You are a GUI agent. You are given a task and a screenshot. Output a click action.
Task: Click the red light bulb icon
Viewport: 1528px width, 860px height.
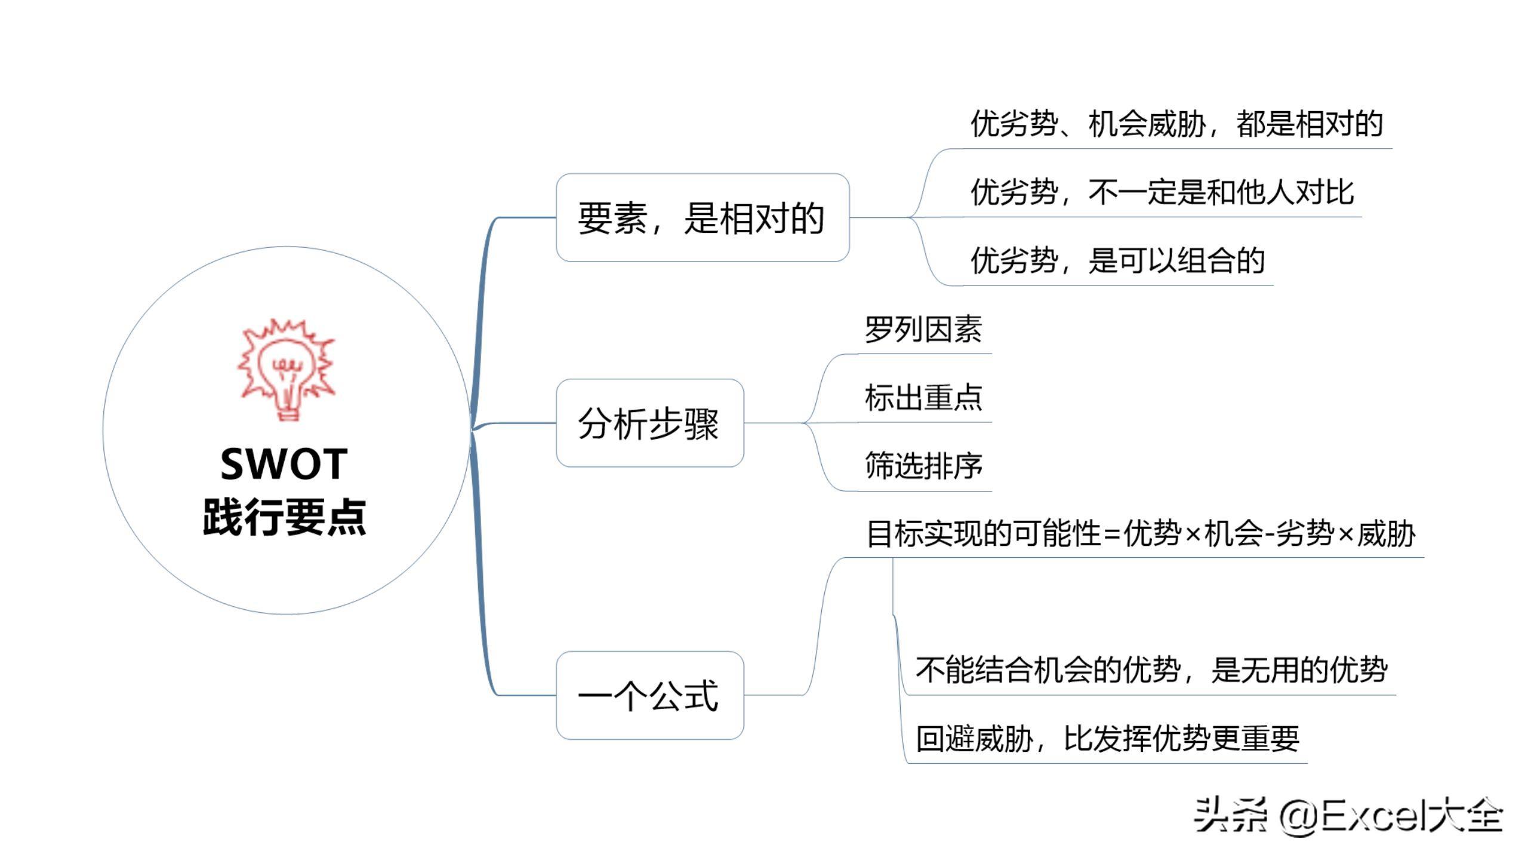(286, 369)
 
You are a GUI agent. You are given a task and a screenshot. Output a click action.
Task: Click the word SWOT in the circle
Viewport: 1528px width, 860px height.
(284, 464)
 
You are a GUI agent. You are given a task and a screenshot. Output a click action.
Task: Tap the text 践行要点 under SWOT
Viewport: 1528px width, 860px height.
(284, 517)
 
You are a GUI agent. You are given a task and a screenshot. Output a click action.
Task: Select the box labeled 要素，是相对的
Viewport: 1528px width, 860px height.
(703, 217)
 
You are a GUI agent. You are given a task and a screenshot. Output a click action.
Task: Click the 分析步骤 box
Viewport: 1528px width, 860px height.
(650, 423)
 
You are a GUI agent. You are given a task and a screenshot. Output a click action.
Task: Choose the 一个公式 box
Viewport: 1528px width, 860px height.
(650, 696)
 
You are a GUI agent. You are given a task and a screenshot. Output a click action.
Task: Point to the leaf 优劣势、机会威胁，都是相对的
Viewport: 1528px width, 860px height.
(1176, 124)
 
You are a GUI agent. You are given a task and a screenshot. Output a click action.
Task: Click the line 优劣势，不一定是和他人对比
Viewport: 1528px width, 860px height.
(1162, 192)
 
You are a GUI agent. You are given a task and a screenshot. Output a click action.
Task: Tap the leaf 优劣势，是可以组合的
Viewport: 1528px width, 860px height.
(1117, 260)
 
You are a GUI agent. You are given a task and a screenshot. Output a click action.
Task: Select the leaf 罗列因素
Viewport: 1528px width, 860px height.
(923, 329)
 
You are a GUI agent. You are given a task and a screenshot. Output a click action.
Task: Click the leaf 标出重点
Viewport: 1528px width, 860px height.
(923, 397)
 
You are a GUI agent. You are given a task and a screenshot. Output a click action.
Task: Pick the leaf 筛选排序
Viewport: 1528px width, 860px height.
(923, 466)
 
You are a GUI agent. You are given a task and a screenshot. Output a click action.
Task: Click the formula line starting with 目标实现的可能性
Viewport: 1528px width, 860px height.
(1141, 533)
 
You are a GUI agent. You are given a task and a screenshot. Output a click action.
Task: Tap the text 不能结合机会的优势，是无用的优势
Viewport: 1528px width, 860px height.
(1151, 669)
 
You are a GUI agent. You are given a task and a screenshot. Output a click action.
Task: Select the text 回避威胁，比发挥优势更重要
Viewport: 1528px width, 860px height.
(1107, 738)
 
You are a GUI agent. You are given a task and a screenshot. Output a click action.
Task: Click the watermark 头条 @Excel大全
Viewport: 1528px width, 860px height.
(1348, 815)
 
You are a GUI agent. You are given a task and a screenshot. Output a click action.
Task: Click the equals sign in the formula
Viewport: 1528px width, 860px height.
(1112, 535)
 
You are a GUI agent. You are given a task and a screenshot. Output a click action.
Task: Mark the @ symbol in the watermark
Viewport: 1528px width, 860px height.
(1299, 816)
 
